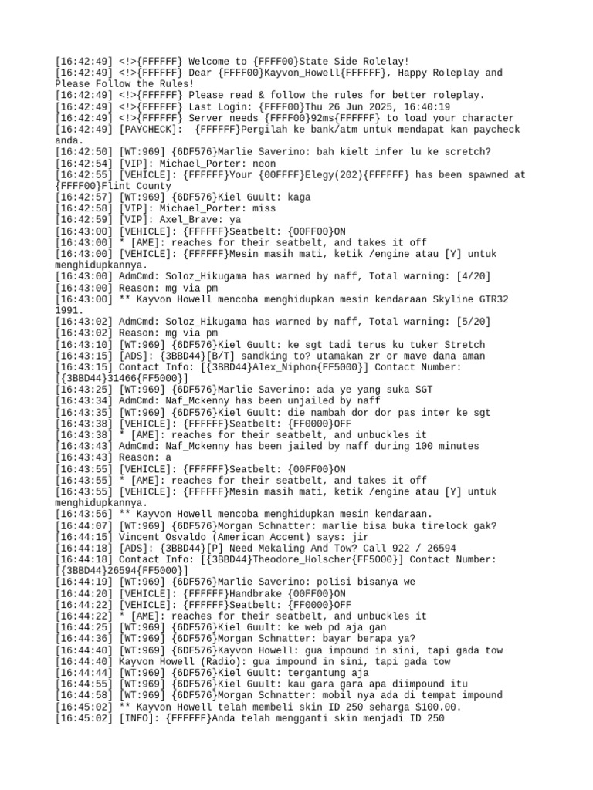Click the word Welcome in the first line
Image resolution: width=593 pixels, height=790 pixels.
[x=211, y=62]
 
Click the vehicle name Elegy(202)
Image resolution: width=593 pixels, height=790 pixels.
[x=279, y=175]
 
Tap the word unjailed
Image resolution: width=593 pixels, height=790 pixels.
[x=310, y=401]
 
